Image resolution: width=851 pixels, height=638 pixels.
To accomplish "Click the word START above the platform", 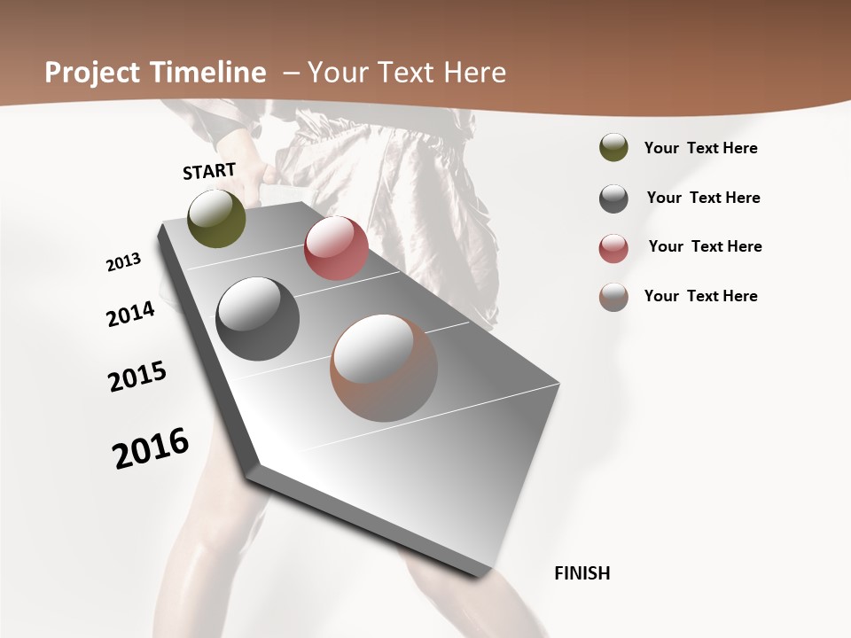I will [x=209, y=171].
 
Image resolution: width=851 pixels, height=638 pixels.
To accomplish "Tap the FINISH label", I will [x=582, y=573].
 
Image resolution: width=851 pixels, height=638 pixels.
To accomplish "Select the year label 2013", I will [x=123, y=262].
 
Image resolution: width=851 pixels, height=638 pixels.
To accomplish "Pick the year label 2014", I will [x=130, y=314].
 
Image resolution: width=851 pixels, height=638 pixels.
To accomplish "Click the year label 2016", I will [x=151, y=448].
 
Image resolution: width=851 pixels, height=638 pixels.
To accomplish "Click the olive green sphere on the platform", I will [x=216, y=218].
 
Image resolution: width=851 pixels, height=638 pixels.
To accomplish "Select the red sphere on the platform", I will [x=336, y=248].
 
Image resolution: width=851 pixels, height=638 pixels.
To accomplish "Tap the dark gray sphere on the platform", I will [x=258, y=319].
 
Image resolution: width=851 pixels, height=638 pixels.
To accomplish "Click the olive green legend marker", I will [x=613, y=148].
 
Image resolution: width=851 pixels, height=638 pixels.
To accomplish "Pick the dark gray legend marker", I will [x=613, y=198].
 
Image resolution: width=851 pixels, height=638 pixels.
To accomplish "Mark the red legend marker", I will [x=613, y=248].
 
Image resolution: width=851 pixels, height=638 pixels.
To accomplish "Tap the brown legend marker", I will [x=613, y=297].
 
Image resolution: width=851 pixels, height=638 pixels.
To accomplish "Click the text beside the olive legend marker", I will [x=700, y=148].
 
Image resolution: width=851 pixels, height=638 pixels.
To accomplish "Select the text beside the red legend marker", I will [x=705, y=246].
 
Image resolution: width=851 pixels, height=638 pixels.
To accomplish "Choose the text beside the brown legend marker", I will [x=700, y=296].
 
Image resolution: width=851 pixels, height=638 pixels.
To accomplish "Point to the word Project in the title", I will [x=91, y=73].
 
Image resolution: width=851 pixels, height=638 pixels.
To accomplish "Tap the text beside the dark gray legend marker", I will [x=703, y=198].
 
